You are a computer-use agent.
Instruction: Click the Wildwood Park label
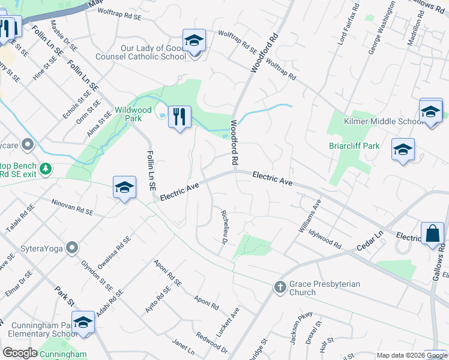pos(133,114)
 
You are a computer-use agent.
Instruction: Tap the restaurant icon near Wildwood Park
pos(179,116)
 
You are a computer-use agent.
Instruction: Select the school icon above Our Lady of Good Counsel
pos(194,41)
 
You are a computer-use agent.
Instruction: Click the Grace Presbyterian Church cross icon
pos(280,287)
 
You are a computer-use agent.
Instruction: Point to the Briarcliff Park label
pos(355,145)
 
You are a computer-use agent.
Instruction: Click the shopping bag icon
pos(432,235)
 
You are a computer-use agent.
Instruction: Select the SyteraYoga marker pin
pos(72,247)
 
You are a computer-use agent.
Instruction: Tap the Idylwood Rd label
pos(324,238)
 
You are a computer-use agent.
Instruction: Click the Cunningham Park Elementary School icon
pos(83,323)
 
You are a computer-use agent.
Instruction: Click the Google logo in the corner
pos(20,353)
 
